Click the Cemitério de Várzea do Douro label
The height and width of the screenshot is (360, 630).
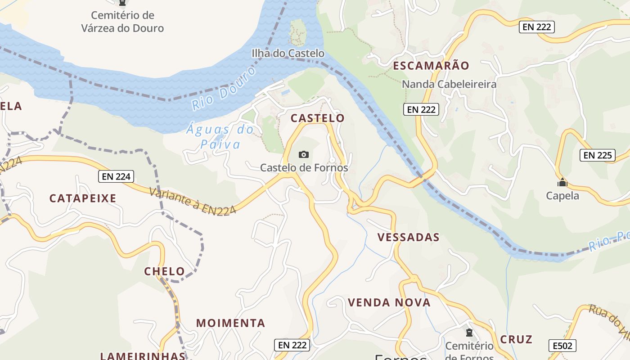tap(122, 22)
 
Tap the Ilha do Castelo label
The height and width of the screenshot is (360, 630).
tap(288, 54)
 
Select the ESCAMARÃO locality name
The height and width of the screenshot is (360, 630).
tap(431, 66)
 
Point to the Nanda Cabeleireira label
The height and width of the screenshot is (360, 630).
tap(449, 84)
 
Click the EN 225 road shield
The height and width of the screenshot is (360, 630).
tap(597, 156)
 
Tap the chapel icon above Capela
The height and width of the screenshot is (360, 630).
tap(562, 183)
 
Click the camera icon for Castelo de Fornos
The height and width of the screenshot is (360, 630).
tap(304, 155)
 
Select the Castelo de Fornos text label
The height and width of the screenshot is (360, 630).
tap(304, 168)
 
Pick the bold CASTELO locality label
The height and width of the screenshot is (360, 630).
tap(317, 118)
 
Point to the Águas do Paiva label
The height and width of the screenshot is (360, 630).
tap(220, 137)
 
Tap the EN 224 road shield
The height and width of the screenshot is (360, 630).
tap(116, 177)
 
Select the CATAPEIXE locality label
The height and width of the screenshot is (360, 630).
tap(83, 198)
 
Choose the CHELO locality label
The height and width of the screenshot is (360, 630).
tap(164, 271)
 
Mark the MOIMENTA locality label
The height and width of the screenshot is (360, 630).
tap(230, 323)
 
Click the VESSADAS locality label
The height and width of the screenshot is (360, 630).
tap(408, 238)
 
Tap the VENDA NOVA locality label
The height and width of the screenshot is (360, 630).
tap(389, 302)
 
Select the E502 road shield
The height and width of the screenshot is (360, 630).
tap(562, 346)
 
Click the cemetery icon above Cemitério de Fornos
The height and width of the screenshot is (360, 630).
tap(469, 333)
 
